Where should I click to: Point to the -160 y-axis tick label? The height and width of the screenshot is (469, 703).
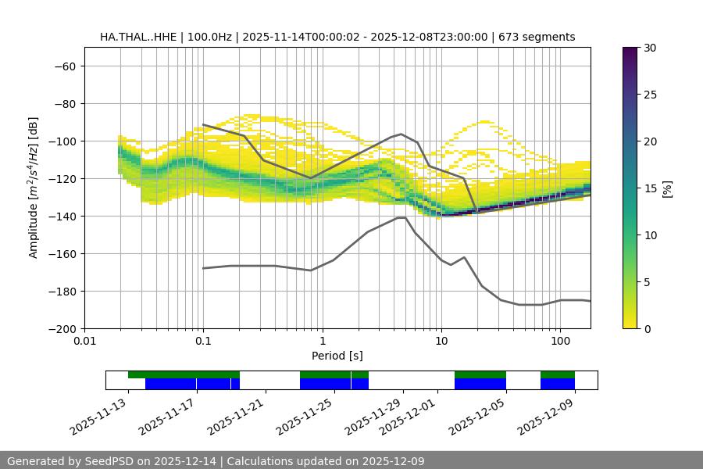61,254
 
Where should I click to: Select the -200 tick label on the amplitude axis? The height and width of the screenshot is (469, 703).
61,329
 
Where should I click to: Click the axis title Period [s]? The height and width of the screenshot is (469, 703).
337,356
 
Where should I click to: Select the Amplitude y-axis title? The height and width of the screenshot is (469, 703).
34,188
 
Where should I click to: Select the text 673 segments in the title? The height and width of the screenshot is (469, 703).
539,37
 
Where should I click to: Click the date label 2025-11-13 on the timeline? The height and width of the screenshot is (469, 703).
98,419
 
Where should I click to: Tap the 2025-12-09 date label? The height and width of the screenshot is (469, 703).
547,419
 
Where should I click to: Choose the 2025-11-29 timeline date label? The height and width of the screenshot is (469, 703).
373,419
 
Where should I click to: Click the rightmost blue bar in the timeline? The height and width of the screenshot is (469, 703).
558,384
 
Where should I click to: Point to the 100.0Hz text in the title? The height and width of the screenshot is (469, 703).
209,37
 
